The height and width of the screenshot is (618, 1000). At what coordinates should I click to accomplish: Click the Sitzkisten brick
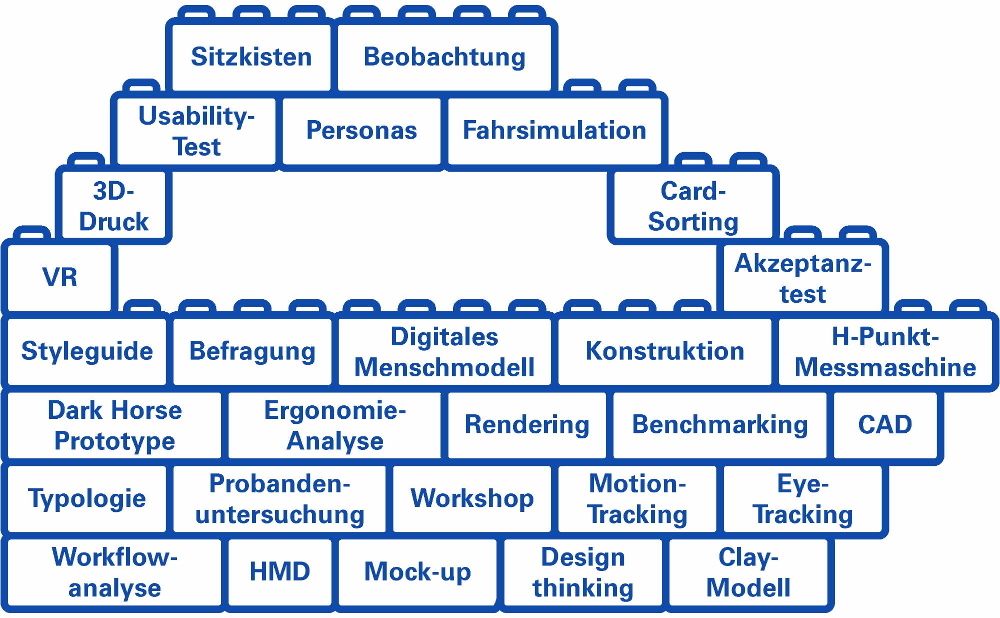(x=251, y=57)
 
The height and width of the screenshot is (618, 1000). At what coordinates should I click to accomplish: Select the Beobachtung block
(x=444, y=57)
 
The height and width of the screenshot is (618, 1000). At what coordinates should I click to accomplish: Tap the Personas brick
(x=361, y=130)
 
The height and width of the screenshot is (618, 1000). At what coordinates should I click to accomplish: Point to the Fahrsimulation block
(x=554, y=130)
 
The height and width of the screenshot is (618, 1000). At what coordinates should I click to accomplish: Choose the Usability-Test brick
(x=196, y=130)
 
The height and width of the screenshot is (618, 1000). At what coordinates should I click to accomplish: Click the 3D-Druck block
(x=114, y=206)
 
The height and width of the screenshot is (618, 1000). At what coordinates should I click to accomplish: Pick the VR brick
(x=60, y=277)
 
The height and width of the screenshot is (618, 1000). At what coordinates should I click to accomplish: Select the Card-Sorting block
(x=693, y=206)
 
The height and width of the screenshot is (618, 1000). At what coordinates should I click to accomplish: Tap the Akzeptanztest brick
(x=802, y=278)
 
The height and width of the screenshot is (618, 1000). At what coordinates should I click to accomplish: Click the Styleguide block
(x=87, y=351)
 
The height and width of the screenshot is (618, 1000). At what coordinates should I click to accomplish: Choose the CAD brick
(x=885, y=424)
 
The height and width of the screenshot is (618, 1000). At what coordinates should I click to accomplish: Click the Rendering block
(x=527, y=424)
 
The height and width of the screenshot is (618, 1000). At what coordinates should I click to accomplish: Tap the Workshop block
(x=472, y=498)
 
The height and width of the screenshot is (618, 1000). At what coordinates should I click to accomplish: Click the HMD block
(x=279, y=571)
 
